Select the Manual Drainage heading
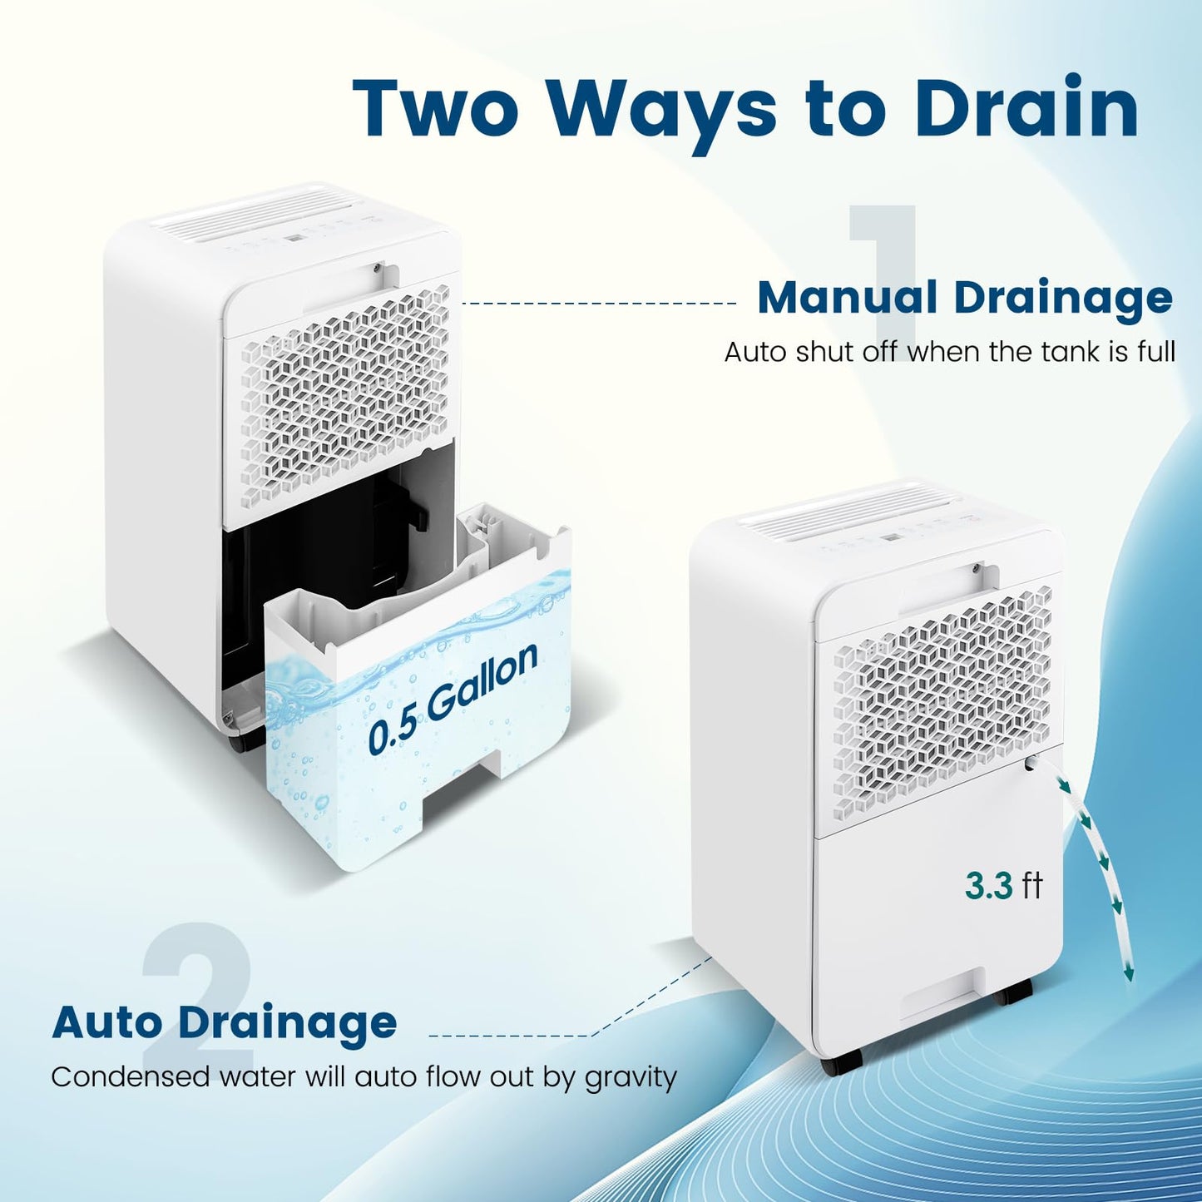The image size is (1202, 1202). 964,298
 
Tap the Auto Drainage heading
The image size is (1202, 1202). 224,1021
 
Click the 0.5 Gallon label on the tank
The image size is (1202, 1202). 453,699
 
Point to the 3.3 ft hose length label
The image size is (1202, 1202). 1003,886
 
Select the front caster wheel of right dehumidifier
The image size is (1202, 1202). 840,1064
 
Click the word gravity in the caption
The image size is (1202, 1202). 631,1078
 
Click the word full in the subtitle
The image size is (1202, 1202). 1156,352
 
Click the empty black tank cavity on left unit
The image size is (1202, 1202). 316,541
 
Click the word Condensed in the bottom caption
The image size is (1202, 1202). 131,1077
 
